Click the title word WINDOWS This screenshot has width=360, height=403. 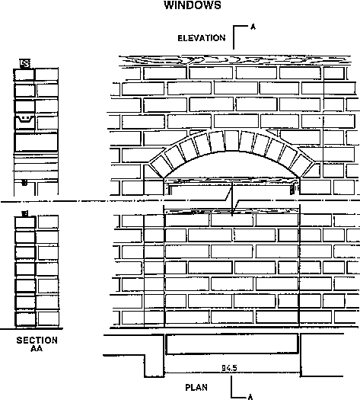[x=193, y=5]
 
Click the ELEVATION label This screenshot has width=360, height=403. [x=202, y=38]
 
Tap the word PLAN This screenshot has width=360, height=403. [x=196, y=387]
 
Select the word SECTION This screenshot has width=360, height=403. [x=37, y=341]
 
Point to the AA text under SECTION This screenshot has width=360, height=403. [x=37, y=348]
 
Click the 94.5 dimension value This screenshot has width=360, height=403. [x=229, y=368]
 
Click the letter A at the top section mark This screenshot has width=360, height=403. [x=253, y=27]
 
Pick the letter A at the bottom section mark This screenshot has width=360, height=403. [x=250, y=398]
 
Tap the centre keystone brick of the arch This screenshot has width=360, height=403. [x=232, y=140]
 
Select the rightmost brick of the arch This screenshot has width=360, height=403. [x=305, y=166]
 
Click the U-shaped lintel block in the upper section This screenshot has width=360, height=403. [x=25, y=122]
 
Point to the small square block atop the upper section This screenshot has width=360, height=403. [x=25, y=63]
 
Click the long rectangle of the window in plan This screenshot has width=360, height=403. [x=232, y=344]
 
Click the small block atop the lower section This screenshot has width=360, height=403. [x=25, y=213]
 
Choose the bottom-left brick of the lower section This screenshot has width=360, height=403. [x=25, y=319]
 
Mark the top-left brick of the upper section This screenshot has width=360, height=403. [x=24, y=75]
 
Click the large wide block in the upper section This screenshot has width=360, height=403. [x=37, y=142]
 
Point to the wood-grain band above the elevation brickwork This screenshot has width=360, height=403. [x=235, y=61]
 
